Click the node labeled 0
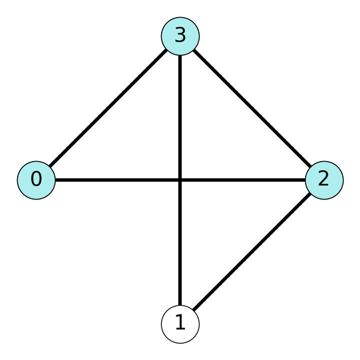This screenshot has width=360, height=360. (36, 180)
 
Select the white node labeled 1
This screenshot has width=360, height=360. (180, 324)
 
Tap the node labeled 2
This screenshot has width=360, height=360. (324, 180)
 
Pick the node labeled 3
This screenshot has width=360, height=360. (180, 36)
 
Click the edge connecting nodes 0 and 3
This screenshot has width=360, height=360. (108, 108)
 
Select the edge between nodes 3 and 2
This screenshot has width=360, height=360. (252, 108)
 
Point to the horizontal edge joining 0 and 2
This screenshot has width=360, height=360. (180, 180)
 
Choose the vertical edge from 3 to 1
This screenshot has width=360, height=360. (180, 180)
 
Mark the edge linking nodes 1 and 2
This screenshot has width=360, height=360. (252, 252)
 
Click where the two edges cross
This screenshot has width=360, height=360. (180, 180)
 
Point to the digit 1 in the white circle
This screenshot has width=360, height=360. (181, 322)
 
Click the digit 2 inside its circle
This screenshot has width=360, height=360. (324, 178)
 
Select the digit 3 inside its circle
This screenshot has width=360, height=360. (180, 35)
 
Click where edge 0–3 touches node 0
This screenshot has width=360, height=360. (50, 167)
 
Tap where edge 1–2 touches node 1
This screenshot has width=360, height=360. (194, 311)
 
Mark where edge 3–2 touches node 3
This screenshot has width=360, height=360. (194, 50)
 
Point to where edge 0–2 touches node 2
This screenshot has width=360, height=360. (305, 180)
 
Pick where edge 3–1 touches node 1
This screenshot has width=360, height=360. (180, 305)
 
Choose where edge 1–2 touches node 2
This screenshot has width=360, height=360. (311, 194)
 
